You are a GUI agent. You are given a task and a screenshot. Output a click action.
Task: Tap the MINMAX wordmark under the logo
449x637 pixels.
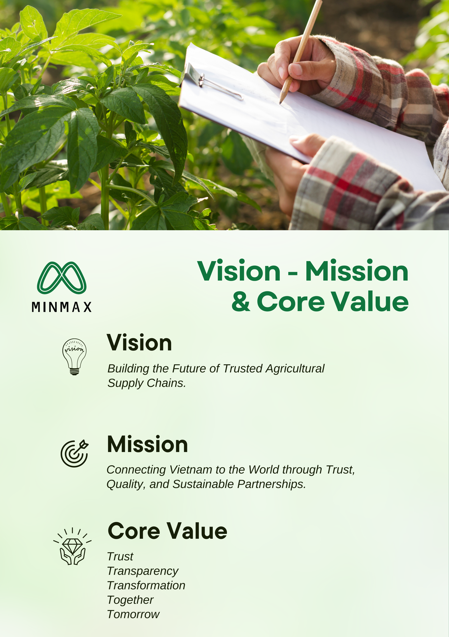coord(62,307)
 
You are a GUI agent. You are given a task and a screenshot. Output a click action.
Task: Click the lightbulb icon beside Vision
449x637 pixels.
coord(74,357)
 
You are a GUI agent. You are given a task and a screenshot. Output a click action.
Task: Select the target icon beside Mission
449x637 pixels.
coord(74,453)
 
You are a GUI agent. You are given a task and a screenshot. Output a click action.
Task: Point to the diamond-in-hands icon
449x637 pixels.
coord(72,546)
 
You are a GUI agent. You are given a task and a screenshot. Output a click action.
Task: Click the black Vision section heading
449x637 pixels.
coord(139,343)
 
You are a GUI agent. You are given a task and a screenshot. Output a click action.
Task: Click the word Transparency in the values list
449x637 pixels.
coord(143,571)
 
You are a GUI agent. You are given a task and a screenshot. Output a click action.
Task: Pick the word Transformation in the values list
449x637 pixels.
coord(146,585)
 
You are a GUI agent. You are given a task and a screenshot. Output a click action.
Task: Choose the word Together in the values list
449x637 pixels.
coord(130,600)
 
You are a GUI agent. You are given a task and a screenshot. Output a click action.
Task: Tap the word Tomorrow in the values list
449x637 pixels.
coord(133,614)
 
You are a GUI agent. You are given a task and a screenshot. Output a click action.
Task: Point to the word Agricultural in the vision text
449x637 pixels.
coord(295,369)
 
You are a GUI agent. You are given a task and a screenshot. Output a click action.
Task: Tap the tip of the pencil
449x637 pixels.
coord(280,103)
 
